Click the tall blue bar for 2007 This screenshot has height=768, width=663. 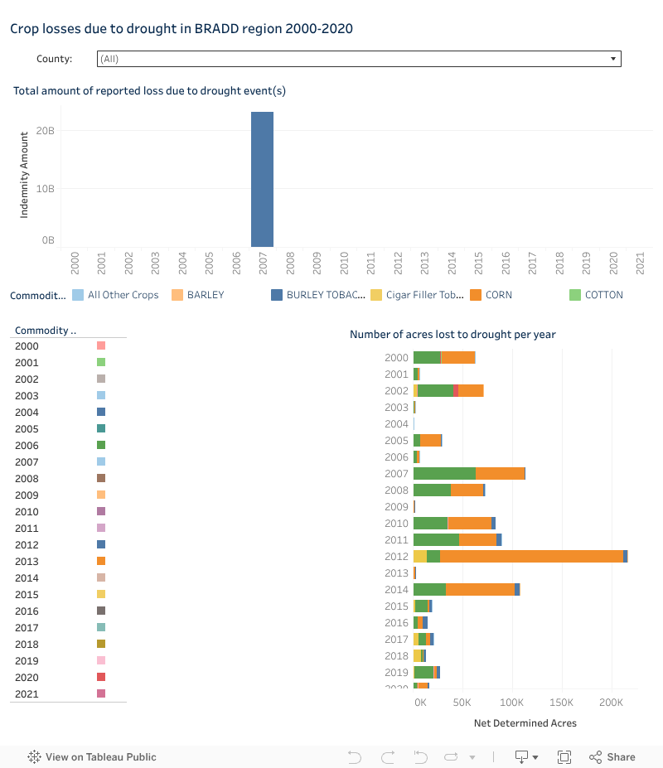tap(262, 179)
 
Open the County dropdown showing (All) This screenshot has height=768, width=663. tap(359, 59)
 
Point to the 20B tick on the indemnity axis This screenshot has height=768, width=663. tap(46, 131)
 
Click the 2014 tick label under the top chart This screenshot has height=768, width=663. tap(452, 263)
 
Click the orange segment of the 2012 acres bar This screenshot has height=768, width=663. tap(531, 556)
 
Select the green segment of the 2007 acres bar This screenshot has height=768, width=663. tap(444, 473)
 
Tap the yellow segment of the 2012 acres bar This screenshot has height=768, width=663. tap(420, 556)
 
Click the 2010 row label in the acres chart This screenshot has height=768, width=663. tap(397, 524)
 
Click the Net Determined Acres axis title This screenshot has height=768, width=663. tap(525, 723)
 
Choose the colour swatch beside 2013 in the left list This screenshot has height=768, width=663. tap(101, 561)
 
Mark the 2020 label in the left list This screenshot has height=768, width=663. tap(27, 678)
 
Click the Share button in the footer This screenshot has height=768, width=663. tap(612, 757)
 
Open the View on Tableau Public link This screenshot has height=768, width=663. tap(92, 757)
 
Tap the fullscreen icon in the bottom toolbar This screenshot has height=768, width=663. tap(564, 757)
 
